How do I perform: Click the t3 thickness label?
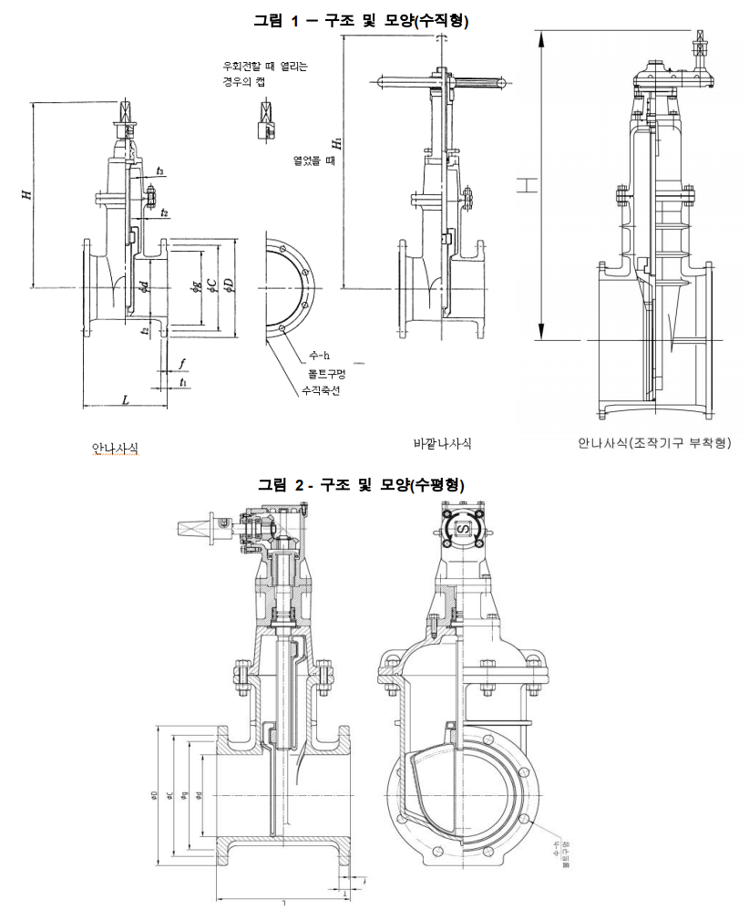point(160,171)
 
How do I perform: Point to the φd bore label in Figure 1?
point(145,288)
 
